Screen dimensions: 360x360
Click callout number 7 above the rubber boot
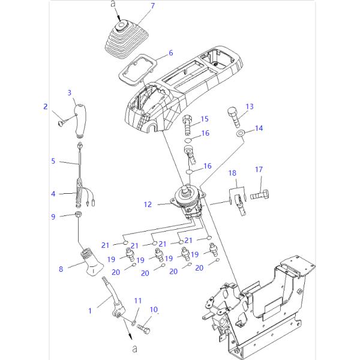152,6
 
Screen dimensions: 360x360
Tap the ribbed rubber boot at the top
124,41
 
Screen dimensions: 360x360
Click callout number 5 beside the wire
53,161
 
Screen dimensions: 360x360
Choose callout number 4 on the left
53,194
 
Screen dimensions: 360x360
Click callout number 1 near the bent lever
91,310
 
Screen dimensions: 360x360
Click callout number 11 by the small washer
137,300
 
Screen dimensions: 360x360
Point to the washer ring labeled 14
240,131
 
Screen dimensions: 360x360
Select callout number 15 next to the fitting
204,118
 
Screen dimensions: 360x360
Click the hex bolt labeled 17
259,195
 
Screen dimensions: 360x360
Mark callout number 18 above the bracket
232,173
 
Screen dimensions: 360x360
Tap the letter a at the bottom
134,349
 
